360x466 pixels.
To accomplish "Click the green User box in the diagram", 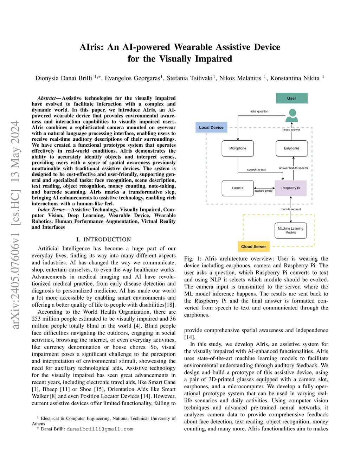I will [x=291, y=98].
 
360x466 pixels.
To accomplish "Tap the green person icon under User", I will [x=291, y=115].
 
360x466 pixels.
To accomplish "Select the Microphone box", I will [x=238, y=148].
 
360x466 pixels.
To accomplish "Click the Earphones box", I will [x=291, y=148].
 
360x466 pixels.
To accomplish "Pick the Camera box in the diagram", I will [x=238, y=188].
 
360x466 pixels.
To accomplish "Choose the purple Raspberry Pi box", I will [x=290, y=188].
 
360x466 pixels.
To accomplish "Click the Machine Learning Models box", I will [x=290, y=231].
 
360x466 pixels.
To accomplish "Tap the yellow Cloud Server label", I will [x=253, y=247].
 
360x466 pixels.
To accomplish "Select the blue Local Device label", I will [x=211, y=127].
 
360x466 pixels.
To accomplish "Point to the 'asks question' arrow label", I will [x=259, y=111].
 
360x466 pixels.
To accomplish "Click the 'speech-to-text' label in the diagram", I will [x=256, y=170].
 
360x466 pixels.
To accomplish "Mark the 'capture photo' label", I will [x=264, y=191].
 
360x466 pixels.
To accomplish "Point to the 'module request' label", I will [x=291, y=209].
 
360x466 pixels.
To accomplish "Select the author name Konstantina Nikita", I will [x=295, y=78].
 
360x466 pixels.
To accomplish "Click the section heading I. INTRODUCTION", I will [x=104, y=240].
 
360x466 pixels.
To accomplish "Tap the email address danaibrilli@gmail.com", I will [x=100, y=429].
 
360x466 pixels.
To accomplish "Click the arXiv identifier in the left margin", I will [x=15, y=225].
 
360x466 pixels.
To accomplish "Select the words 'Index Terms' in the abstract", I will [x=51, y=210].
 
